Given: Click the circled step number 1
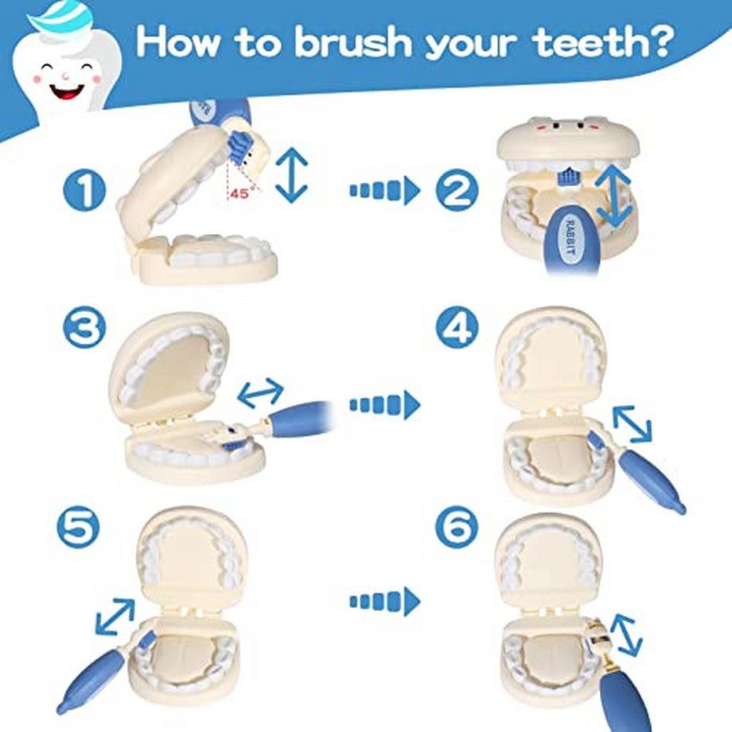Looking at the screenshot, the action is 84,190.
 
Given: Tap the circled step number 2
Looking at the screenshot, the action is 457,190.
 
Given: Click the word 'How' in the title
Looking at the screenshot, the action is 178,41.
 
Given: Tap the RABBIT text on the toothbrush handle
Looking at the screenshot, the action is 570,236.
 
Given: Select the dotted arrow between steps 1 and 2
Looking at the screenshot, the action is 384,190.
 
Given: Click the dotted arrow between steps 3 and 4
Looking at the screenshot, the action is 384,405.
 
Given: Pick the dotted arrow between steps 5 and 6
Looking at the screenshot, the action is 384,602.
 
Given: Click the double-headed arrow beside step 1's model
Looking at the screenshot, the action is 291,174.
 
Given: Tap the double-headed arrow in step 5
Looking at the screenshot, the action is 115,617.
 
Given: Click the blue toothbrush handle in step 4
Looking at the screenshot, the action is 651,481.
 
